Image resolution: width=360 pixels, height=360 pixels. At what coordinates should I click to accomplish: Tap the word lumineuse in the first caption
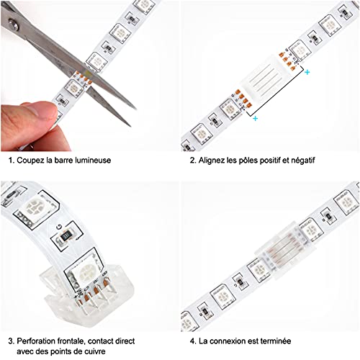coord(91,160)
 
